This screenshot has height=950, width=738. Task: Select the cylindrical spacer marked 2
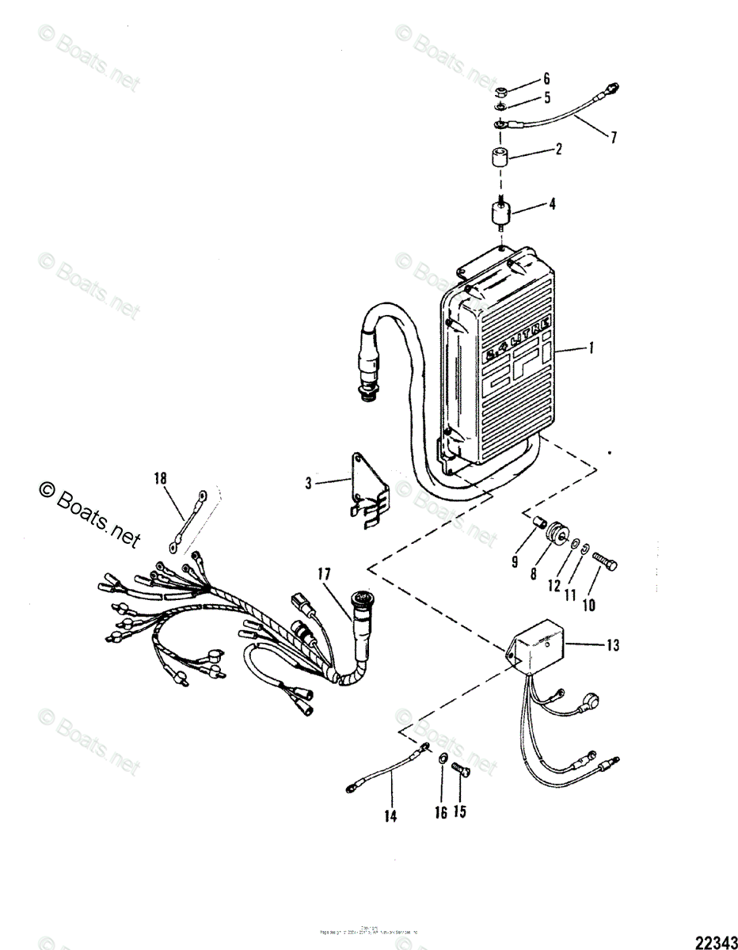click(x=499, y=157)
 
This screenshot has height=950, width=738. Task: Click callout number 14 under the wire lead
click(x=391, y=814)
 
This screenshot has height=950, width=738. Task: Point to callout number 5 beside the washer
click(x=546, y=98)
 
